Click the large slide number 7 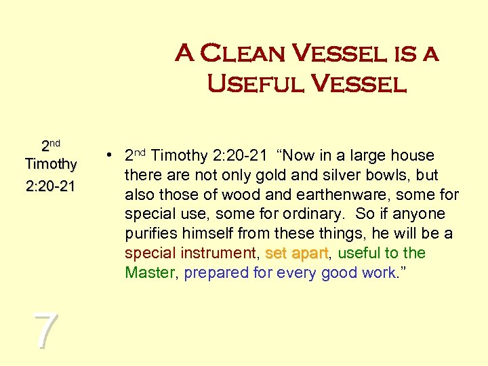pyautogui.click(x=45, y=331)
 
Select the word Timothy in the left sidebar pyautogui.click(x=50, y=164)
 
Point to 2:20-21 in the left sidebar pyautogui.click(x=49, y=185)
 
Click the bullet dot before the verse pyautogui.click(x=108, y=156)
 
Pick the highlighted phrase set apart pyautogui.click(x=296, y=253)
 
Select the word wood pyautogui.click(x=229, y=195)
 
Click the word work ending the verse pyautogui.click(x=379, y=273)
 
